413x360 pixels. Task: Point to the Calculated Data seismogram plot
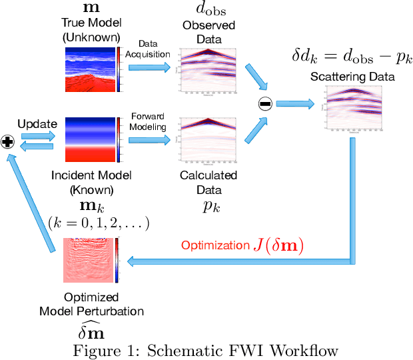click(x=207, y=139)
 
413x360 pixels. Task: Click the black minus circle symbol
click(x=265, y=103)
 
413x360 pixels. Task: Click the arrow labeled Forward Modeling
click(x=148, y=140)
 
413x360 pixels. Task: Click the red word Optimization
click(x=214, y=245)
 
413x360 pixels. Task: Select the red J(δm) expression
click(x=277, y=245)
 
